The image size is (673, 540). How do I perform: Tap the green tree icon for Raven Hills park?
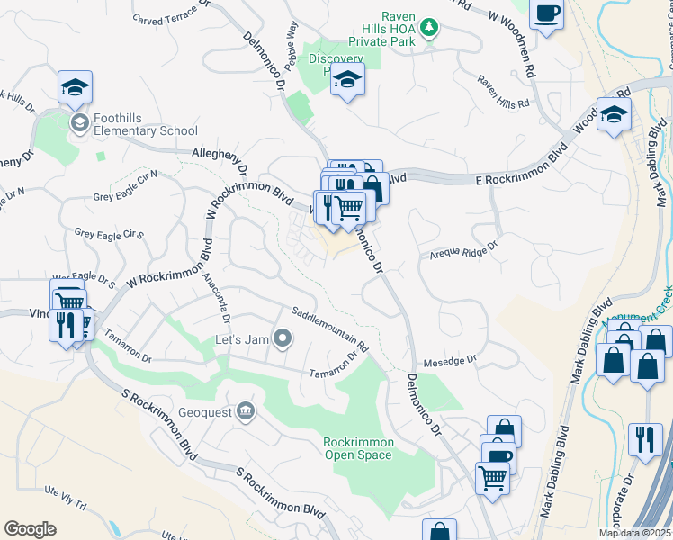(430, 28)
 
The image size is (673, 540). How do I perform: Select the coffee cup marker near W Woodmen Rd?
(546, 14)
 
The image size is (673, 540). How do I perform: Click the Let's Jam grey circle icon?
(283, 339)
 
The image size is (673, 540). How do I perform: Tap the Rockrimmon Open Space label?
(358, 448)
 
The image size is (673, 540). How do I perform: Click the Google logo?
(30, 528)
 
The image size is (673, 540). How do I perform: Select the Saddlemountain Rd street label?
(330, 328)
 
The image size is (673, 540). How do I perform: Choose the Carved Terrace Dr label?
(170, 13)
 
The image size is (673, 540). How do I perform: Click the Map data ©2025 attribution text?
(634, 533)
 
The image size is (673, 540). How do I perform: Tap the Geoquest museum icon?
(244, 412)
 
